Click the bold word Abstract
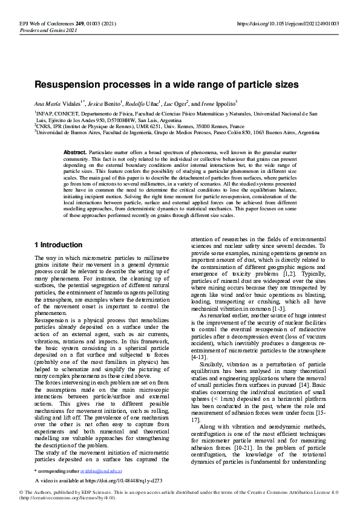pyautogui.click(x=75, y=152)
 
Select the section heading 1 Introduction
pyautogui.click(x=58, y=245)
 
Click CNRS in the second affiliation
pyautogui.click(x=44, y=126)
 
